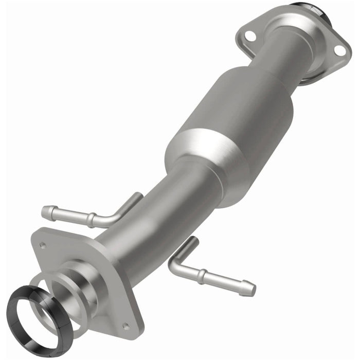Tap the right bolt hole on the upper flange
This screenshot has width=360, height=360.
pos(338,50)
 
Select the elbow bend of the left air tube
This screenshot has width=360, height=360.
pos(111,220)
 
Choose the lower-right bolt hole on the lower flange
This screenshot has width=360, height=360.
pos(124,325)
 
